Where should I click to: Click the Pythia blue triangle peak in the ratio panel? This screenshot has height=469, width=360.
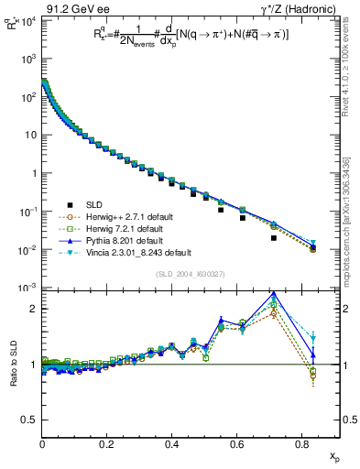tap(274, 294)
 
